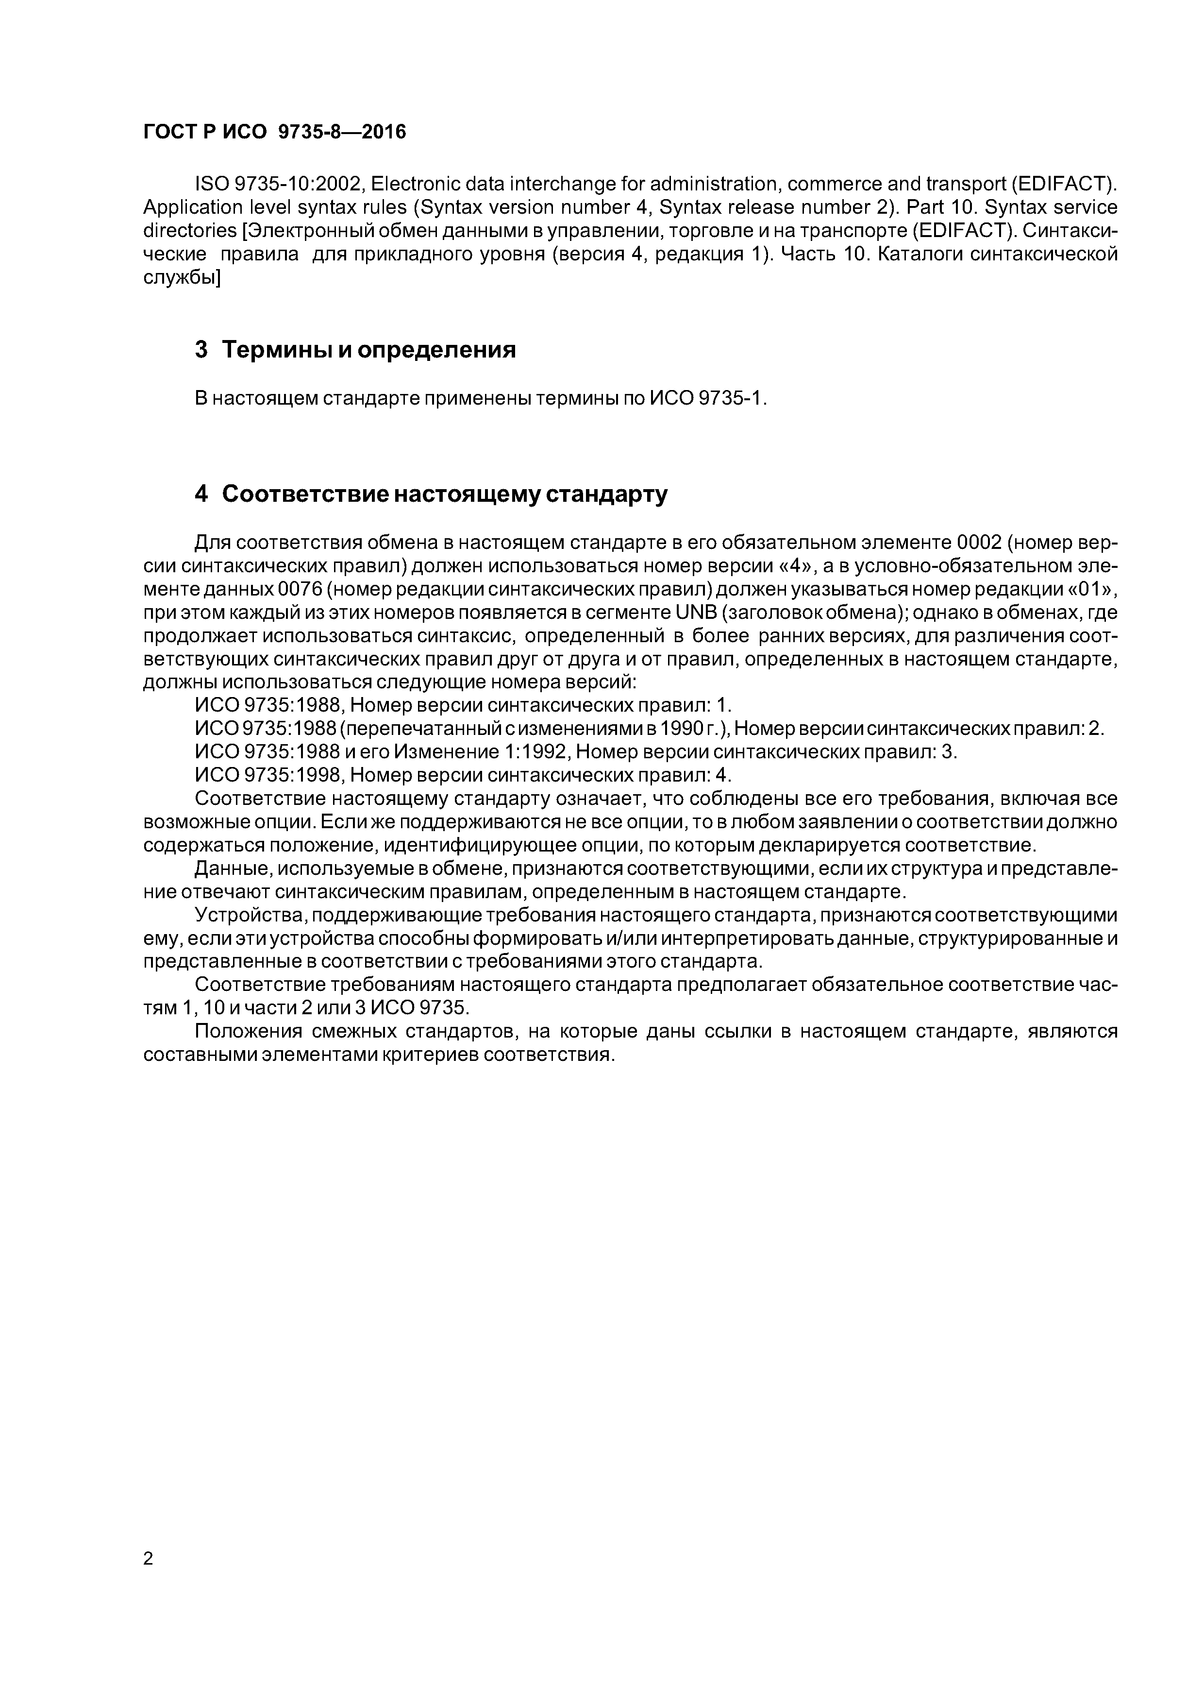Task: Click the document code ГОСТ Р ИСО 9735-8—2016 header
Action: pyautogui.click(x=274, y=132)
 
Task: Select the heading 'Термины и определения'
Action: pyautogui.click(x=368, y=350)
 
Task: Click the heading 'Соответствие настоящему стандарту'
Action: pyautogui.click(x=444, y=494)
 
